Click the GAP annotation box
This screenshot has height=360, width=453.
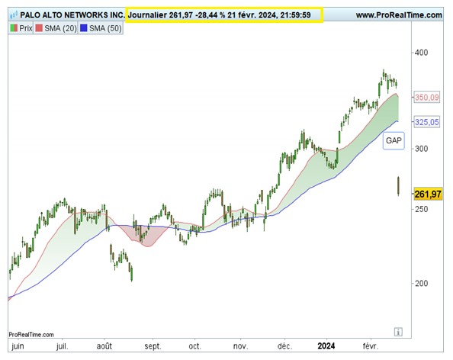coord(394,140)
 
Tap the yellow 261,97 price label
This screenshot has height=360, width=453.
coord(428,194)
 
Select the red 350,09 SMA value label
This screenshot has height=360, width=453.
coord(427,98)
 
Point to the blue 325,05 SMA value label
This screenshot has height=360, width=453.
coord(427,122)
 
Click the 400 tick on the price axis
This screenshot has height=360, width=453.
coord(421,53)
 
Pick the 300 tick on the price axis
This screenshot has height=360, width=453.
coord(421,149)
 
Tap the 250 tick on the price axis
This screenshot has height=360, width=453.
coord(421,209)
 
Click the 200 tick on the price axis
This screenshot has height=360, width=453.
coord(421,284)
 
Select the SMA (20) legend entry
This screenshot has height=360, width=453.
coord(56,28)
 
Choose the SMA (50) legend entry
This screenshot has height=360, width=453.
coord(101,28)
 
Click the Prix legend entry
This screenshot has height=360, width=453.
coord(21,28)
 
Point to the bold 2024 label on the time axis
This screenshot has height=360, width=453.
coord(326,346)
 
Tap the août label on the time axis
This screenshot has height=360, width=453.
coord(104,346)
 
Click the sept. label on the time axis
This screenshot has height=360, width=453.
coord(153,346)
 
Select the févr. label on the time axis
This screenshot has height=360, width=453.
coord(371,346)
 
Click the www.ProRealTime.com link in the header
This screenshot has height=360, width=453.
coord(399,15)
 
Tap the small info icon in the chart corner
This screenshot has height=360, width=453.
coord(398,332)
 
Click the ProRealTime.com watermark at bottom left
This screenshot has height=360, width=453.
coord(31,335)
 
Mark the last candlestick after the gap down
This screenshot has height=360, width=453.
coord(398,186)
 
